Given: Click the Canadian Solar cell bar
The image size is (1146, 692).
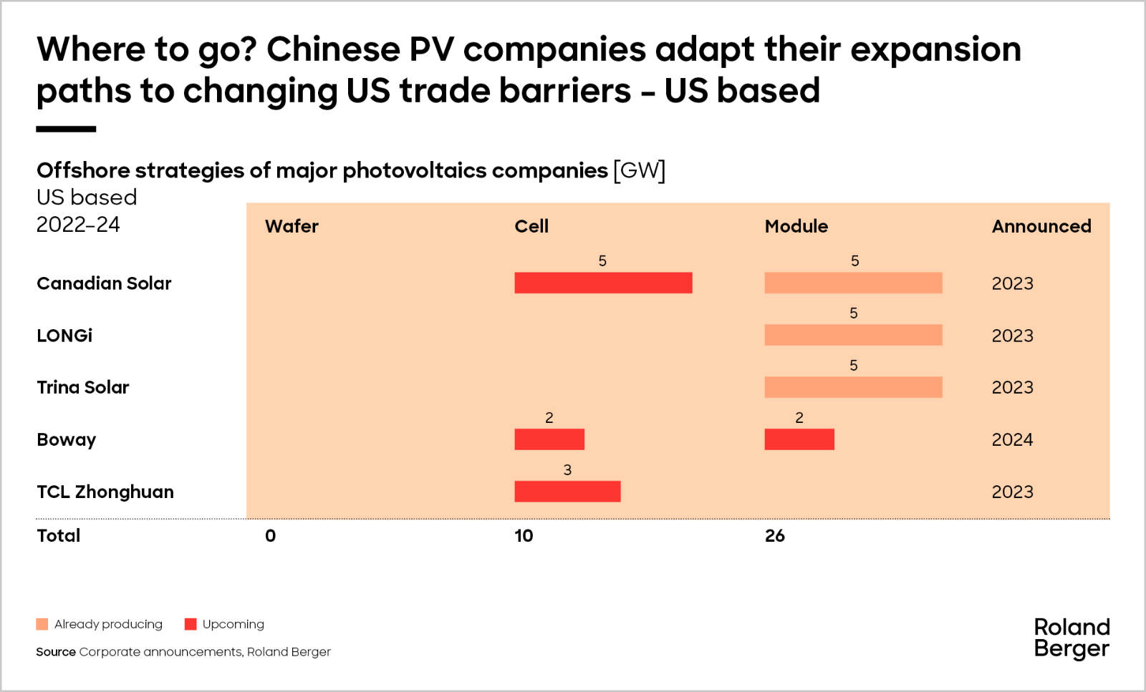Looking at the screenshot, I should (603, 283).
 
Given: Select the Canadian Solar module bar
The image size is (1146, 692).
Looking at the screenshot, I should (853, 283).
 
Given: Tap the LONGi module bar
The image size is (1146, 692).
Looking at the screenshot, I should (853, 335).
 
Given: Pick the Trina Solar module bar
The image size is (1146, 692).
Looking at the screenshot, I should (853, 387).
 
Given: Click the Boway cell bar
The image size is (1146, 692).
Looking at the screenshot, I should (549, 439).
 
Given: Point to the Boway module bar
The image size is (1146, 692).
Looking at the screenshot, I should (799, 439).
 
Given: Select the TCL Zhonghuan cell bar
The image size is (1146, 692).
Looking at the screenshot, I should (567, 492).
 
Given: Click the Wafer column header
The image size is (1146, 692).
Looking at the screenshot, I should (292, 226).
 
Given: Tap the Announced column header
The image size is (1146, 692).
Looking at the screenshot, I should (1041, 226).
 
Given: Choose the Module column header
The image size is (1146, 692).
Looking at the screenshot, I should (796, 226).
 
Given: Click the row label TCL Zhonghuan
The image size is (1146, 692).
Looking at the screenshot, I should (105, 492).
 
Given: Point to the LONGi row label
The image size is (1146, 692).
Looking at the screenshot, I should (64, 336).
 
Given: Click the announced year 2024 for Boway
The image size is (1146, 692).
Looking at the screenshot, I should (1012, 439).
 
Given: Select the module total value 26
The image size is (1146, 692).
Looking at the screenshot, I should (774, 535).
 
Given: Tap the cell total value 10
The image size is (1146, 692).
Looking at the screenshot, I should (524, 535).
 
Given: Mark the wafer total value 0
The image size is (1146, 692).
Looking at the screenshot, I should (270, 535).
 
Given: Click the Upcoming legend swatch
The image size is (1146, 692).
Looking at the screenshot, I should (191, 624).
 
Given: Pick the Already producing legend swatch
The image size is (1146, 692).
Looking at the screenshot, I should (42, 624).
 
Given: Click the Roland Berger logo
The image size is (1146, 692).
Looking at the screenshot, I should (1072, 638).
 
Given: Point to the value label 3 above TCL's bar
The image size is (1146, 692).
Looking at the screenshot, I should (567, 470).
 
